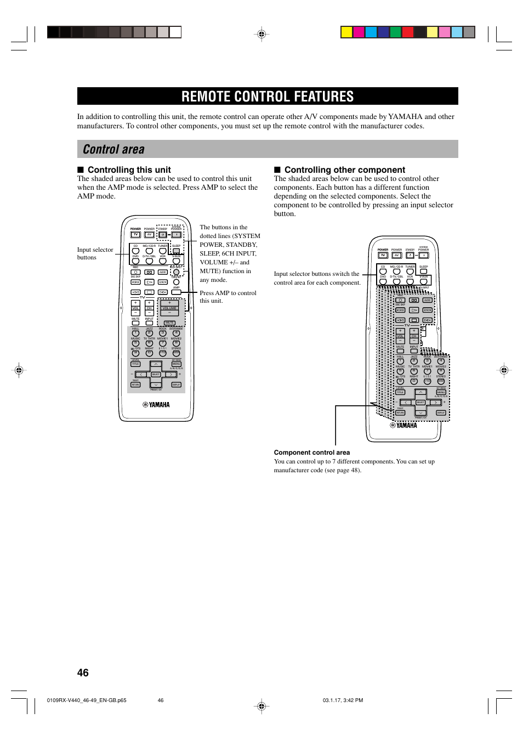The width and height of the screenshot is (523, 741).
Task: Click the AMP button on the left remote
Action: click(176, 292)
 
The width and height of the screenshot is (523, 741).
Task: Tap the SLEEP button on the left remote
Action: click(176, 251)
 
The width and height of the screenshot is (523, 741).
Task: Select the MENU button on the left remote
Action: click(176, 364)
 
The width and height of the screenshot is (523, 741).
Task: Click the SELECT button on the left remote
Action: click(156, 375)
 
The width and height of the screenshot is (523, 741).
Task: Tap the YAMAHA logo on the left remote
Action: click(156, 405)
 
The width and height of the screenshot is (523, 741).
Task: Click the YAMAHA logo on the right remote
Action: click(403, 425)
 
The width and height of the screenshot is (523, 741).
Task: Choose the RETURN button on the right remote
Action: click(400, 412)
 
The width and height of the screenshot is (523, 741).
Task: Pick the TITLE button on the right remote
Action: click(400, 392)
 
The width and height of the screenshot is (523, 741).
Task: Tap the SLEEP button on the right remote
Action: click(423, 271)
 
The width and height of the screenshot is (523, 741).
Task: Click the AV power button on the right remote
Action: click(396, 255)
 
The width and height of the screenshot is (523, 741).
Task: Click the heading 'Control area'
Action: click(114, 149)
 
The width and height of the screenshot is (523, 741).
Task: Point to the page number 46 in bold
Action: click(83, 672)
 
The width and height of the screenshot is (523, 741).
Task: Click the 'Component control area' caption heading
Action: click(311, 452)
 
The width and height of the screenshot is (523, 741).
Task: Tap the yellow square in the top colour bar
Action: click(346, 32)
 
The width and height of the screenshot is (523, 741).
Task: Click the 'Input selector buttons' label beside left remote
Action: click(95, 253)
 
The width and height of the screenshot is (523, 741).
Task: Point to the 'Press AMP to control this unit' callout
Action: click(228, 297)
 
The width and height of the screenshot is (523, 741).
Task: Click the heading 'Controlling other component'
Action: click(344, 170)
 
